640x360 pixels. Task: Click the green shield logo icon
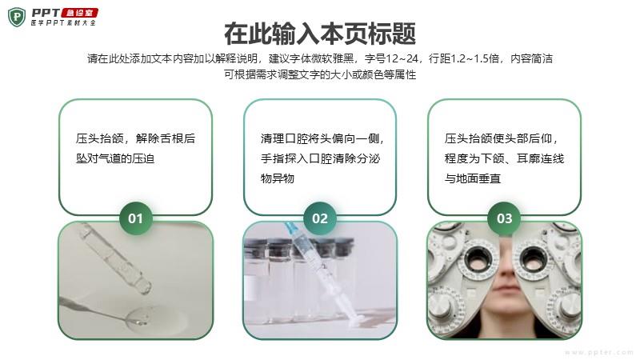pyautogui.click(x=17, y=17)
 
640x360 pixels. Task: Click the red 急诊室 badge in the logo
pyautogui.click(x=79, y=13)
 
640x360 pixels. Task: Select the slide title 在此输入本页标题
pyautogui.click(x=320, y=34)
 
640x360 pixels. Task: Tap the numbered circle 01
pyautogui.click(x=135, y=218)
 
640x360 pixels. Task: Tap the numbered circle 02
pyautogui.click(x=320, y=218)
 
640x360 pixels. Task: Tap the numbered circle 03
pyautogui.click(x=505, y=218)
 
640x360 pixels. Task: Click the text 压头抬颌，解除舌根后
pyautogui.click(x=135, y=138)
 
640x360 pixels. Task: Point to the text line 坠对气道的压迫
pyautogui.click(x=115, y=158)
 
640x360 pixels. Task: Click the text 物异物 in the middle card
pyautogui.click(x=278, y=178)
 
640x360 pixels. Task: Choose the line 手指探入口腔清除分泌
pyautogui.click(x=321, y=158)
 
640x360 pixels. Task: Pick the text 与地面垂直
pyautogui.click(x=473, y=178)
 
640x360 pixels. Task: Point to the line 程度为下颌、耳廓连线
pyautogui.click(x=505, y=158)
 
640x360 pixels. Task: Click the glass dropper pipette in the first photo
pyautogui.click(x=115, y=258)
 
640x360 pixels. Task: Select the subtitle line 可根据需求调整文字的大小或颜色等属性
pyautogui.click(x=320, y=74)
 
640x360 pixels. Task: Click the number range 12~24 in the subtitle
pyautogui.click(x=402, y=58)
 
